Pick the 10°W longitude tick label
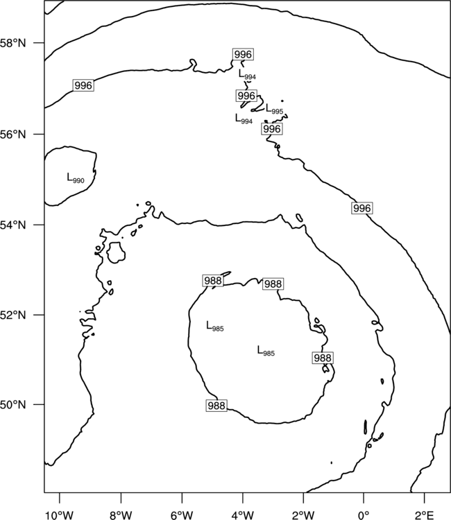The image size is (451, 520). [60, 515]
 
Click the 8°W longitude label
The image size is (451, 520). [121, 515]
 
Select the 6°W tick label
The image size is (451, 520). [182, 515]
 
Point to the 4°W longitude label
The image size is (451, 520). [243, 515]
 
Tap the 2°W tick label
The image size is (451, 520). [303, 515]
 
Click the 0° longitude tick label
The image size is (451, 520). [364, 515]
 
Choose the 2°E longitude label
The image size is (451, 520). [425, 515]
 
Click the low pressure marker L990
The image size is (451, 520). [76, 178]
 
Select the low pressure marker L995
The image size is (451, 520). [275, 109]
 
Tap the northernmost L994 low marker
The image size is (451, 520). [247, 74]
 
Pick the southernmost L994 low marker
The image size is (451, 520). [244, 119]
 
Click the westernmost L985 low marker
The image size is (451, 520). [215, 326]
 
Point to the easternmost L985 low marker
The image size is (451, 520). [266, 351]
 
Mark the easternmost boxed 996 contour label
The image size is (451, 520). [361, 208]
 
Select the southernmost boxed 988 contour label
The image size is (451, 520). [216, 406]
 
